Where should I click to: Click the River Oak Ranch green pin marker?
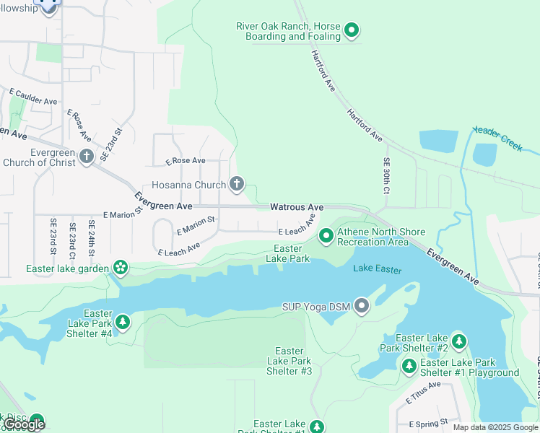[352, 30]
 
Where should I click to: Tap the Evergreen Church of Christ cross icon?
[87, 157]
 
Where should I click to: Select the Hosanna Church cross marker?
[236, 185]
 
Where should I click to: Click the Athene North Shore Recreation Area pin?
[326, 236]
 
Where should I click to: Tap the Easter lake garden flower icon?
[120, 268]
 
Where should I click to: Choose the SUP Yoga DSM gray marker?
[362, 307]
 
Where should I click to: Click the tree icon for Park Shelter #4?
[123, 321]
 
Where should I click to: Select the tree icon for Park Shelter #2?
[459, 341]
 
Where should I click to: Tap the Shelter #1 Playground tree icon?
[409, 367]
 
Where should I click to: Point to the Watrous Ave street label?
[297, 207]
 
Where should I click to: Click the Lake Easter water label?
[377, 269]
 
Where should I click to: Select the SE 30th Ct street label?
[387, 175]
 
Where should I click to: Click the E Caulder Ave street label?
[33, 97]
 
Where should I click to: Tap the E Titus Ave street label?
[422, 393]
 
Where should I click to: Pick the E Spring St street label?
[429, 424]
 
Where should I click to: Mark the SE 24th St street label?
[91, 240]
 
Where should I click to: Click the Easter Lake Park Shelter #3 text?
[289, 361]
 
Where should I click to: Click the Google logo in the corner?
[24, 424]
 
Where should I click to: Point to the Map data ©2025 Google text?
[495, 427]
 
